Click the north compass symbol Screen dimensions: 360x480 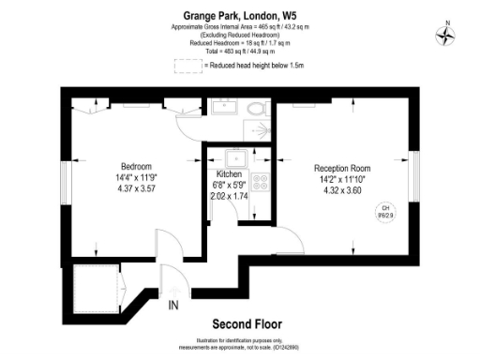(x=446, y=35)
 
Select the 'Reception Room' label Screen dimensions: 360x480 (x=343, y=170)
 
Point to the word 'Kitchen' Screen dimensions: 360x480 (x=231, y=174)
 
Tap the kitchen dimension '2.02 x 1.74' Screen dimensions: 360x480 (x=231, y=197)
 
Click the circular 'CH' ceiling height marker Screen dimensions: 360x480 (x=384, y=212)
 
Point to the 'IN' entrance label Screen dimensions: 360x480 (x=173, y=306)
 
